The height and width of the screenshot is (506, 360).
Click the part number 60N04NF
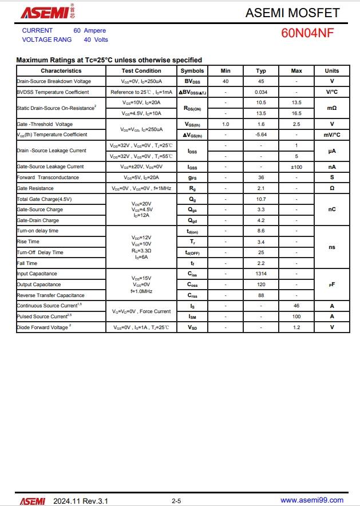click(307, 33)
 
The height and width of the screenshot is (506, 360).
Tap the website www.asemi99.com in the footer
click(312, 500)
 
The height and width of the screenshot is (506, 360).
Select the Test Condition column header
click(141, 71)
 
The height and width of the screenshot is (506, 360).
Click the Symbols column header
click(192, 71)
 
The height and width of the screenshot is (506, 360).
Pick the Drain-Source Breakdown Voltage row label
click(54, 81)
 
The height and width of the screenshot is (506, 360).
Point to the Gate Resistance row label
click(35, 188)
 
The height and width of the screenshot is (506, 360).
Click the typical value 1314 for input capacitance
click(261, 274)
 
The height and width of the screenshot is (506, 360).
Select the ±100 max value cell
click(296, 167)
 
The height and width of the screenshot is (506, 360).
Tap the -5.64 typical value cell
click(261, 135)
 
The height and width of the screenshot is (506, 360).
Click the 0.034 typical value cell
click(261, 92)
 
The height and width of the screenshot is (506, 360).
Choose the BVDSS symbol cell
click(192, 81)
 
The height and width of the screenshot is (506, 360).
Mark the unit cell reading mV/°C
click(332, 135)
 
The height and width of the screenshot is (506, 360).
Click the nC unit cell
click(332, 209)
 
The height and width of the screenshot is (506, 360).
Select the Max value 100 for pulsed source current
click(296, 317)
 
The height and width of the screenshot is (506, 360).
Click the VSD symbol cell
click(192, 327)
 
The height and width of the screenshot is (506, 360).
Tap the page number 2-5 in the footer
click(176, 501)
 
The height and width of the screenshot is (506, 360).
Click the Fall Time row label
click(27, 263)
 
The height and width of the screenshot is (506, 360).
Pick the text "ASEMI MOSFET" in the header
click(292, 13)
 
